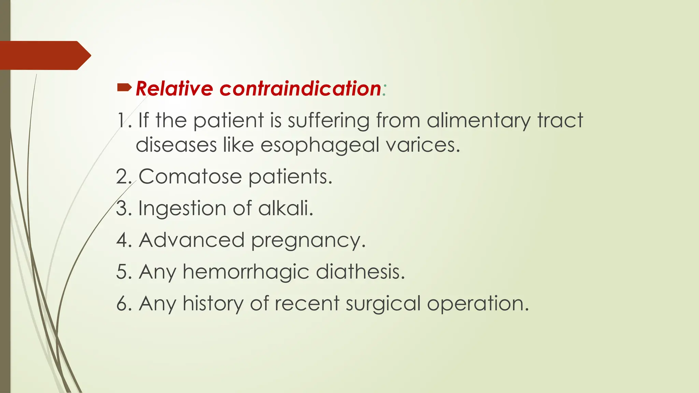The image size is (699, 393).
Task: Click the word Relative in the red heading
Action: pyautogui.click(x=174, y=89)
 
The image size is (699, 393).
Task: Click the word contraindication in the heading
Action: pyautogui.click(x=300, y=89)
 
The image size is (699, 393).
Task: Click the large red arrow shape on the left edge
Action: pyautogui.click(x=44, y=55)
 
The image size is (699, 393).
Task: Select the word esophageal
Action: pyautogui.click(x=320, y=145)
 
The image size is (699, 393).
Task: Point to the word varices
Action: pyautogui.click(x=423, y=145)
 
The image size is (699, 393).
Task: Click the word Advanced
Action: pyautogui.click(x=191, y=240)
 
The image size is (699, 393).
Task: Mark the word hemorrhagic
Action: pyautogui.click(x=246, y=272)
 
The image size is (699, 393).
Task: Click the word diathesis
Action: pyautogui.click(x=360, y=272)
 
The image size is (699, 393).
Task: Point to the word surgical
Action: pyautogui.click(x=383, y=304)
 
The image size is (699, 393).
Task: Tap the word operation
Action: pyautogui.click(x=477, y=304)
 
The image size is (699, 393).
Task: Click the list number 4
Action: pyautogui.click(x=122, y=240)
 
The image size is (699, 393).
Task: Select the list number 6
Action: pyautogui.click(x=122, y=304)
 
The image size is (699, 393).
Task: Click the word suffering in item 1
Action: pyautogui.click(x=328, y=121)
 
